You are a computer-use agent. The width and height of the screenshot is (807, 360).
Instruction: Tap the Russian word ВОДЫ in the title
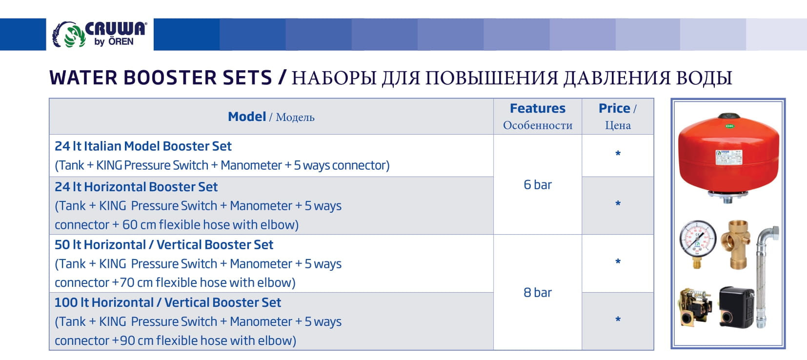(x=704, y=78)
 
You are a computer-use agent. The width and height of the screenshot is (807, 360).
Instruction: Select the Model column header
(x=271, y=117)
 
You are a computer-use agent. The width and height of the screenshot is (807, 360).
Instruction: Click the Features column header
(x=538, y=117)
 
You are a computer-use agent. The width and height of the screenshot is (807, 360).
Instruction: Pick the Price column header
(x=618, y=117)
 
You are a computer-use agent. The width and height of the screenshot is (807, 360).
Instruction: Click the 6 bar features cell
(x=538, y=184)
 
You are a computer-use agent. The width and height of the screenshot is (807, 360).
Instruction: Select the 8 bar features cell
(x=538, y=292)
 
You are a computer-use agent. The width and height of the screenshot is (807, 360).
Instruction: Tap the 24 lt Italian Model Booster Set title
(x=143, y=146)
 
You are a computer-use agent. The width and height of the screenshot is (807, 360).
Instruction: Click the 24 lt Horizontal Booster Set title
(x=136, y=187)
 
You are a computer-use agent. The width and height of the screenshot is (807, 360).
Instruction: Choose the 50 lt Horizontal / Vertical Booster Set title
(x=164, y=245)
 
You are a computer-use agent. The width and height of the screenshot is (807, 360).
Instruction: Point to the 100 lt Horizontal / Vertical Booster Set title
(x=167, y=302)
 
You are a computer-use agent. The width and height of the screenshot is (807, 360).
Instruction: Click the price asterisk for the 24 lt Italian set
(x=618, y=154)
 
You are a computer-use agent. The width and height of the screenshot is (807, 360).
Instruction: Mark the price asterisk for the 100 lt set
(x=618, y=320)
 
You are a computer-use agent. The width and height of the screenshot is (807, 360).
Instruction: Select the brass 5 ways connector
(x=736, y=245)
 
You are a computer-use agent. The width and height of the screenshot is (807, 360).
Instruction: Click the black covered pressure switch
(x=736, y=307)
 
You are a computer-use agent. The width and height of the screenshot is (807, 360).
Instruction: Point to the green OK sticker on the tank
(x=729, y=126)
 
